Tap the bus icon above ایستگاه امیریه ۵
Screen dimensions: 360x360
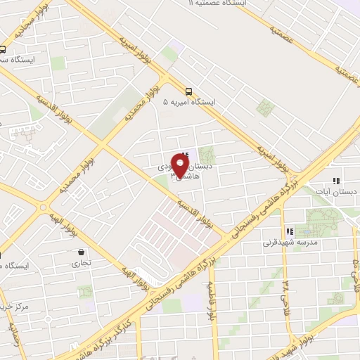tap(188, 91)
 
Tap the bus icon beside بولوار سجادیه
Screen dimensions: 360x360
tap(3, 49)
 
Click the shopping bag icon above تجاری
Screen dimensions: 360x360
tap(82, 252)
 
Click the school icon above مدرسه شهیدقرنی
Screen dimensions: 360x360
tap(289, 231)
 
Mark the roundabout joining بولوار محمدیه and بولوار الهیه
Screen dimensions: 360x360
tap(44, 208)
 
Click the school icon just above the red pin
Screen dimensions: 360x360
tap(185, 155)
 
